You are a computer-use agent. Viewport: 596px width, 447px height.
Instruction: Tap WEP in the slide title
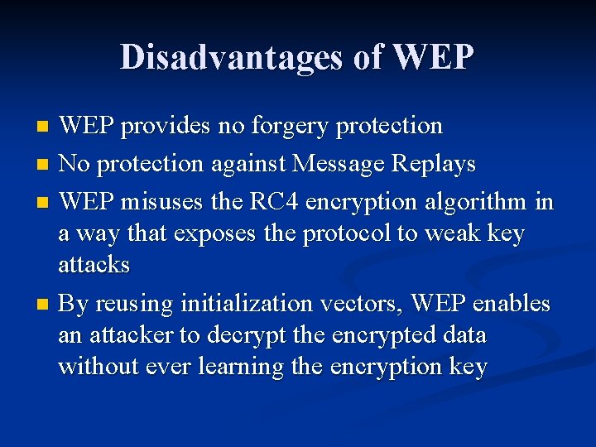[434, 57]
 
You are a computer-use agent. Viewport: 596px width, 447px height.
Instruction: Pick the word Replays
[434, 164]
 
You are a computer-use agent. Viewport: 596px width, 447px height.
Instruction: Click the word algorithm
[474, 201]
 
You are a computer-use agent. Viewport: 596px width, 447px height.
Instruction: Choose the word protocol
[348, 234]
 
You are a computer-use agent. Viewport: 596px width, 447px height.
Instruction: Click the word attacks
[94, 265]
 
